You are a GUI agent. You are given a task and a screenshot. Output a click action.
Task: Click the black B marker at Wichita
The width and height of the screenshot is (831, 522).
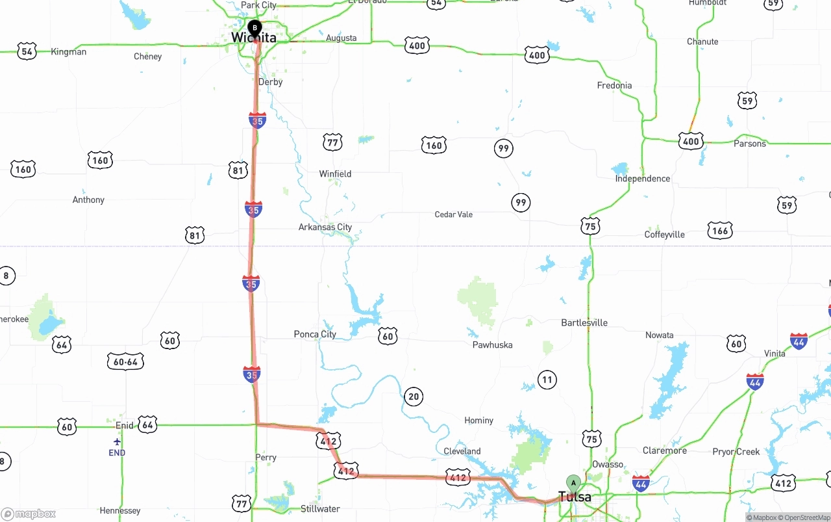coord(255,27)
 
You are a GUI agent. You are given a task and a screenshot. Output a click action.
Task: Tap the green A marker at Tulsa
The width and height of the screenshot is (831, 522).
coord(573,482)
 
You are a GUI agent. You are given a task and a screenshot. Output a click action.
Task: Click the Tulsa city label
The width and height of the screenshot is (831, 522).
coord(575,497)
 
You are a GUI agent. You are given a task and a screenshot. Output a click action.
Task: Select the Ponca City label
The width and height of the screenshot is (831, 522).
coord(315,334)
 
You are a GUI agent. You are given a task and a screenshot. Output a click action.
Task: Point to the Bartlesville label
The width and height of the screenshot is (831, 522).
coord(584,322)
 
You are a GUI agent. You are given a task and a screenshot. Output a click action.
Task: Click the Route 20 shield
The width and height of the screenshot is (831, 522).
coord(413,397)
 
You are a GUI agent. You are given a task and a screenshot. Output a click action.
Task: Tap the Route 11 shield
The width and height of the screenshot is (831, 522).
coord(547,380)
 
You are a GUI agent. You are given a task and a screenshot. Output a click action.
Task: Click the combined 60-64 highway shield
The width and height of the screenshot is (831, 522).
coord(125,361)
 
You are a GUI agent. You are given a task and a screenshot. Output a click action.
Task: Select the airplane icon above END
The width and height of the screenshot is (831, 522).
coord(117,442)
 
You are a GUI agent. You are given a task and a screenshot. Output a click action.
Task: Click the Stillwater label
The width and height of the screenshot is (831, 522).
coord(320,508)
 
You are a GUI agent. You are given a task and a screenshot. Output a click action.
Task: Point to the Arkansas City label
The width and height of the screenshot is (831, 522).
coord(325,227)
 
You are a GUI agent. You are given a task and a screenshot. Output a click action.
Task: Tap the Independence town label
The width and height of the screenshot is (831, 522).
coord(643,178)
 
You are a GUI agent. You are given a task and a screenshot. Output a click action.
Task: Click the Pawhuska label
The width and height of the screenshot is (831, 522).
coord(492,345)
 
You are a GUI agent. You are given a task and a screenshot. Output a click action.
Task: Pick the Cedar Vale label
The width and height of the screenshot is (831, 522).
coord(454,215)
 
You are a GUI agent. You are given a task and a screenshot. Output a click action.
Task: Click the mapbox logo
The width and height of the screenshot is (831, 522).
coord(29,514)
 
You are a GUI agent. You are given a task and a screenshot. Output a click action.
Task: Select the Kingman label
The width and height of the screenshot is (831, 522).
coord(68,51)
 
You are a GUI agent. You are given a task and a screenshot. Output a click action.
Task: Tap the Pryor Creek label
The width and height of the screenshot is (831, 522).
coord(736,451)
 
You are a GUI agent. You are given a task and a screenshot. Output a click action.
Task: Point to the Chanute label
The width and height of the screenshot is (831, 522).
coord(702,42)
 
